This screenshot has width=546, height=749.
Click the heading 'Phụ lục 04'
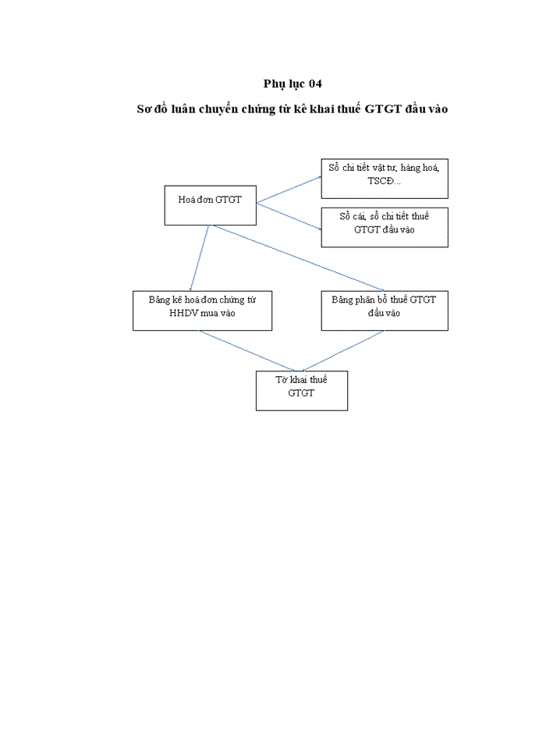coord(292,83)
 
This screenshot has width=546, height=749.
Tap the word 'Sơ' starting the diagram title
coord(144,110)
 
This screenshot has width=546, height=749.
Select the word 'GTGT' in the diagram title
coord(381,110)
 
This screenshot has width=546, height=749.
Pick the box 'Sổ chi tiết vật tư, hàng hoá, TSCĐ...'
coord(385,178)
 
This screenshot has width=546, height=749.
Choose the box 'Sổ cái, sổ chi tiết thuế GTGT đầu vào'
coord(385,227)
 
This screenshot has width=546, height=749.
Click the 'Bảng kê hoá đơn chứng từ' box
coord(202,311)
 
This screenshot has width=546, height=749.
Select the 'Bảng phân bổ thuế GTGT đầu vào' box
coord(385,311)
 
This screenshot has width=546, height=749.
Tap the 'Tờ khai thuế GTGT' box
coord(301,390)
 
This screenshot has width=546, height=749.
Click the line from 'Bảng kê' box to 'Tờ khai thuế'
coord(248,350)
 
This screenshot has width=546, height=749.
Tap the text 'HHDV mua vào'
coord(203,313)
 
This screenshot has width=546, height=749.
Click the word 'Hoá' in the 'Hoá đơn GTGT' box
coord(187,200)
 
